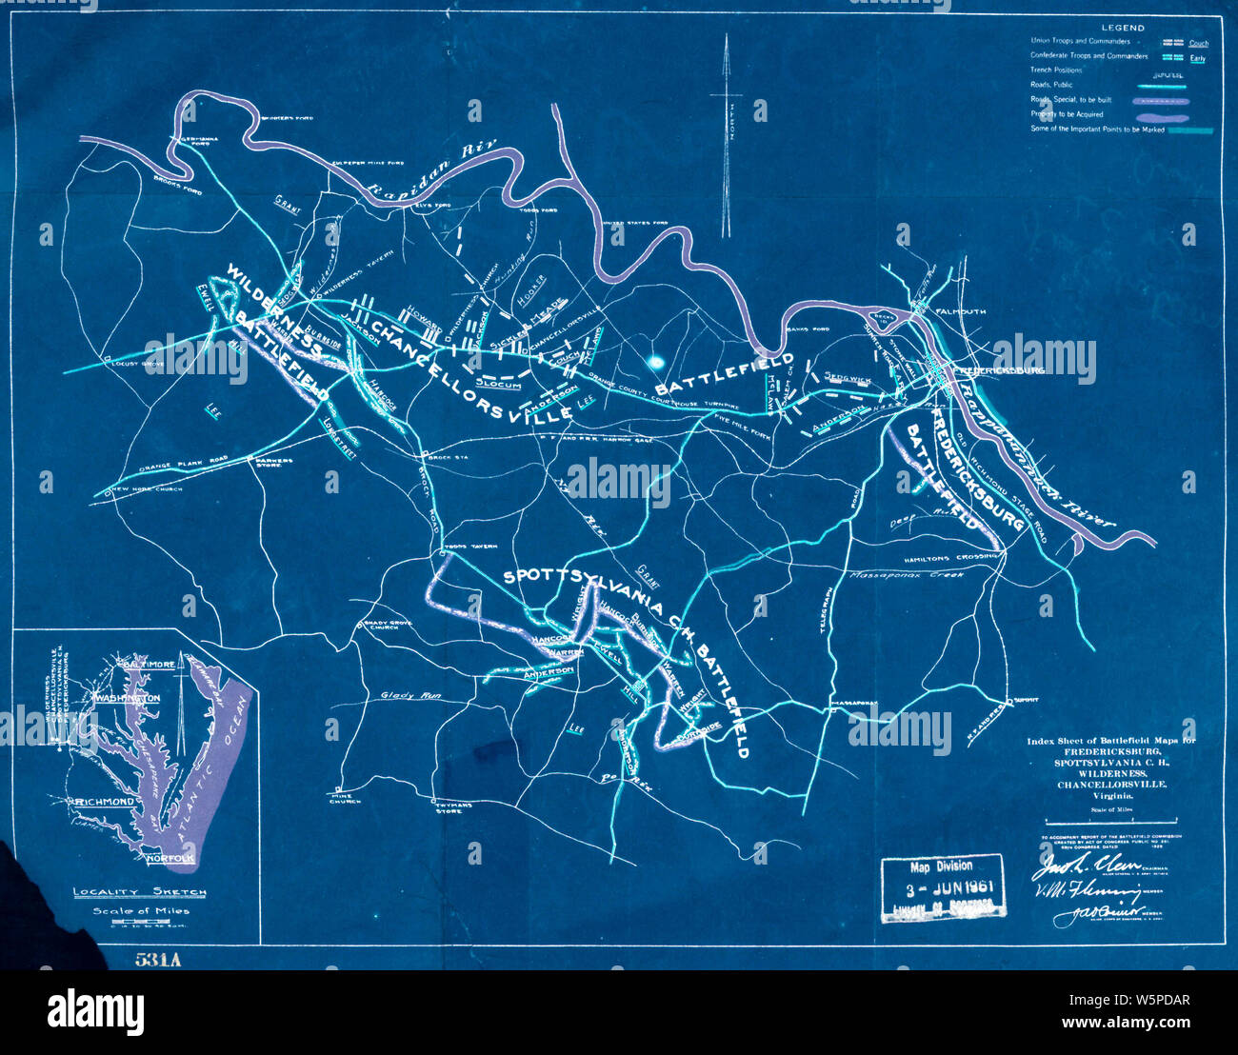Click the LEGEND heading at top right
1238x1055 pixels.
pyautogui.click(x=1122, y=29)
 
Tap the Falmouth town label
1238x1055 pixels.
pyautogui.click(x=968, y=312)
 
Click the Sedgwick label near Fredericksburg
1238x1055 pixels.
pyautogui.click(x=848, y=378)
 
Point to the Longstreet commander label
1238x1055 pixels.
pyautogui.click(x=339, y=439)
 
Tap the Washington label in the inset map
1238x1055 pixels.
pyautogui.click(x=126, y=698)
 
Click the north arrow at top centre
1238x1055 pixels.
pyautogui.click(x=726, y=133)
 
